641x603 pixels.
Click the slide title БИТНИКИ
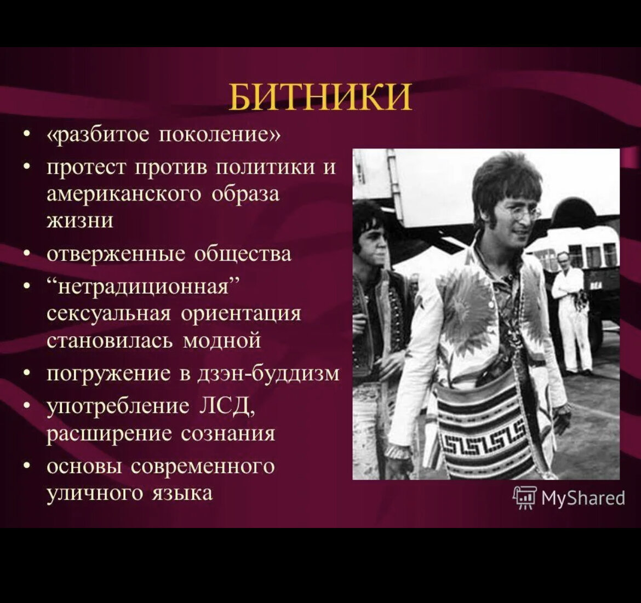[x=319, y=97]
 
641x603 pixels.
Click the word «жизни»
[x=80, y=221]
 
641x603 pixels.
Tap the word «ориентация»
[x=241, y=314]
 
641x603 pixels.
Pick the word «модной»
[x=222, y=340]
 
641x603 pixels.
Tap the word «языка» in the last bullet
[x=184, y=493]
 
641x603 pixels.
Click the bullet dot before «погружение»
[x=27, y=374]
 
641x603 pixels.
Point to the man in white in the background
[x=571, y=312]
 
